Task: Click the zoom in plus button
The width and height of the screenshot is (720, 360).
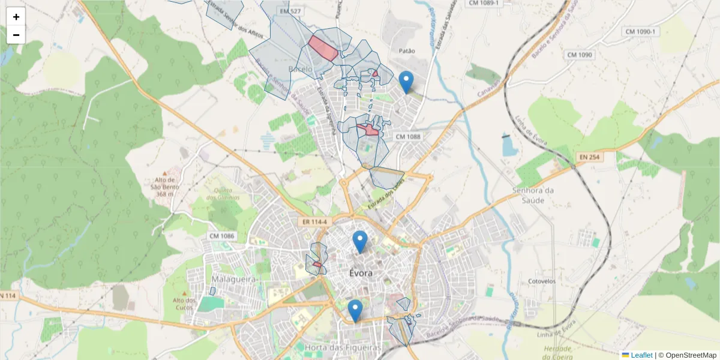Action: pos(16,17)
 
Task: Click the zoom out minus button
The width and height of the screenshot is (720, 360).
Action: pos(16,35)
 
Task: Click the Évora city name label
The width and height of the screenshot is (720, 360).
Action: pos(361,273)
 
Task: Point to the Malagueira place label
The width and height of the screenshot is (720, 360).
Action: pos(234,280)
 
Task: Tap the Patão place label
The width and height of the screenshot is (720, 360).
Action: pos(406,51)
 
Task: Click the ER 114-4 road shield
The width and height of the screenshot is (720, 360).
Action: pos(314,222)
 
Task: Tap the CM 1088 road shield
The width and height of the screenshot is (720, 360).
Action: pos(408,137)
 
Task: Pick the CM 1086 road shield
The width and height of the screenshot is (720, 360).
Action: pos(222,236)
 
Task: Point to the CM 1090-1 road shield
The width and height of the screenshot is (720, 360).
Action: pos(641,31)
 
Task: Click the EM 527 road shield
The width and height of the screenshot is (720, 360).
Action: pos(290,11)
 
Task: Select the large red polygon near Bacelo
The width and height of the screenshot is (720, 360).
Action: pos(323,48)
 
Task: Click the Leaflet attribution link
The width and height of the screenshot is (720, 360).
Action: pos(641,355)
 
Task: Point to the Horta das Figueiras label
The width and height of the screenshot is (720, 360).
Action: pos(343,347)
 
